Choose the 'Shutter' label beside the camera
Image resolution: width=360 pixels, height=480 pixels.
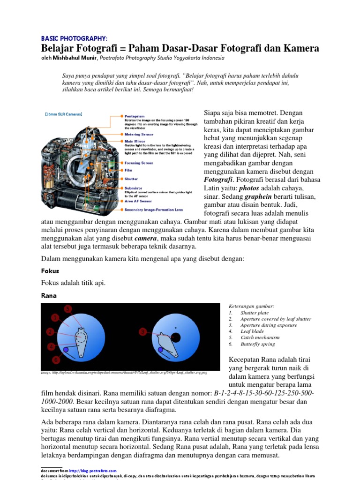click(131, 179)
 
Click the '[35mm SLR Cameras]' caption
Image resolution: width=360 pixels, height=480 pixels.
click(64, 114)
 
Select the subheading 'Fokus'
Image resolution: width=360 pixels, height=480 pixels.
click(50, 271)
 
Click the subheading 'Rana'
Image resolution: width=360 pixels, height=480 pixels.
click(49, 295)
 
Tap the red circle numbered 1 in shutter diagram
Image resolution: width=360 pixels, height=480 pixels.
click(55, 317)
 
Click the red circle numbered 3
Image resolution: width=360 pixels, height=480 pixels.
click(142, 332)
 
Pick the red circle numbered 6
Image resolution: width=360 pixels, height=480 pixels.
click(56, 360)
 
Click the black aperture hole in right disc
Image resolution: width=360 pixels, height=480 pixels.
click(175, 327)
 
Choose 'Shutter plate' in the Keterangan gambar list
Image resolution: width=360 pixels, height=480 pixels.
click(255, 312)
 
